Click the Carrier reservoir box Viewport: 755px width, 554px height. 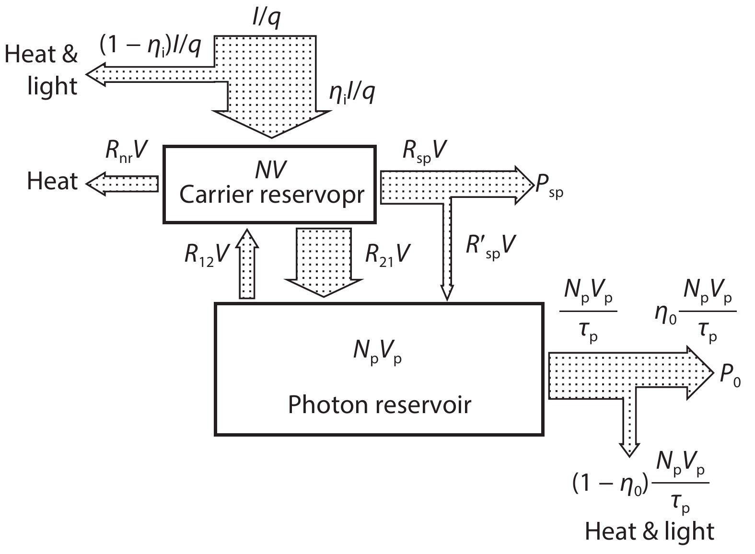point(269,185)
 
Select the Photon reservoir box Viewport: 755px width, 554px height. point(379,369)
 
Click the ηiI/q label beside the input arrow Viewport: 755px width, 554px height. point(352,92)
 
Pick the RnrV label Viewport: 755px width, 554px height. point(126,152)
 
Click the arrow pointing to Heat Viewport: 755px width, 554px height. point(122,184)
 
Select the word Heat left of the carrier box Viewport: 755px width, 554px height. point(52,181)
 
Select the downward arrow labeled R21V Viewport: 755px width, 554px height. point(324,261)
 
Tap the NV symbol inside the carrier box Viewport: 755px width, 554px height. point(271,170)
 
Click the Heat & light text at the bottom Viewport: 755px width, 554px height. point(650,531)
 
